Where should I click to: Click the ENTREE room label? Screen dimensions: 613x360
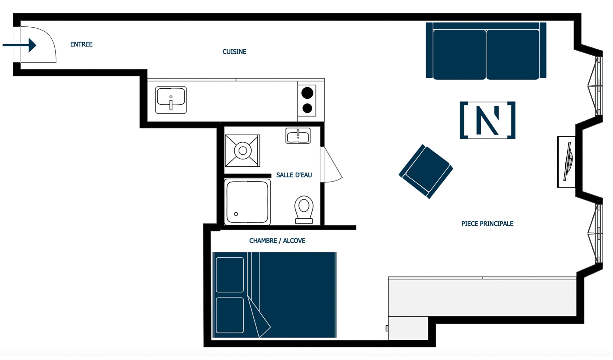coord(81,44)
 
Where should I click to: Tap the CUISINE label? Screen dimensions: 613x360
coord(234,52)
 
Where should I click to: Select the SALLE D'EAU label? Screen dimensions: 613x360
coord(294,175)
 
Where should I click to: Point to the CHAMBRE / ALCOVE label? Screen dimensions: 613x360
coord(277,241)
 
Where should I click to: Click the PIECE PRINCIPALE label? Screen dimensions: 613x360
coord(487,224)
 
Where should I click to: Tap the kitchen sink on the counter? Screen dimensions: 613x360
coord(171,100)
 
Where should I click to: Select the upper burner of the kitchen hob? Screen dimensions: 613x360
coord(307,93)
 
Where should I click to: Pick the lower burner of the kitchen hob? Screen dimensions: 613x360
coord(307,108)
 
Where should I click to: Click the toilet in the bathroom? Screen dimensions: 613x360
coord(304,209)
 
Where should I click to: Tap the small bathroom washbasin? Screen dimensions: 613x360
coord(298,136)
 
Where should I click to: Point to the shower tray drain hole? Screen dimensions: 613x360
coord(236,214)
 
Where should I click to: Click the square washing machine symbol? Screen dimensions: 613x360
coord(242,151)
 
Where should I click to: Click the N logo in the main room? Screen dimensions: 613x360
coord(487,120)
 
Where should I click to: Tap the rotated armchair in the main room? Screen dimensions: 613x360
coord(426,171)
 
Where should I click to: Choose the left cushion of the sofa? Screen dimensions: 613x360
coord(460,54)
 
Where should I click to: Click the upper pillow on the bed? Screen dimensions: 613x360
coord(230,275)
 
